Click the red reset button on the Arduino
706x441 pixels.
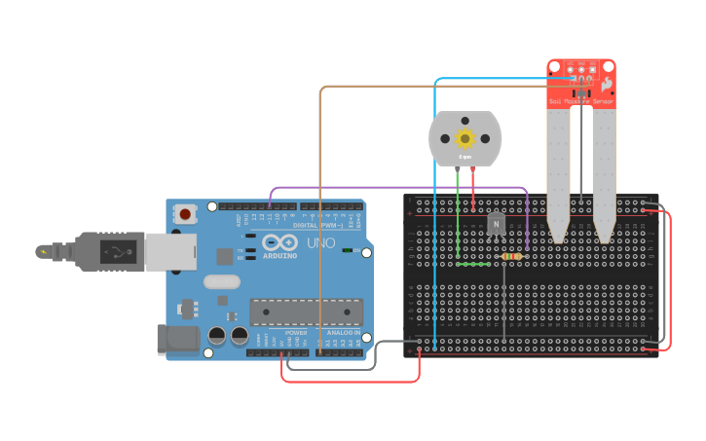pos(185,213)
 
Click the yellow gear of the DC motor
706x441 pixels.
pos(465,138)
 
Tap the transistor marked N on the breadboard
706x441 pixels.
pos(496,225)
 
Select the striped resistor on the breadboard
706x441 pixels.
pos(509,256)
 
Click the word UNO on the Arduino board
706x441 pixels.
pos(320,241)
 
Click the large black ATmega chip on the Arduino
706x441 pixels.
pos(306,312)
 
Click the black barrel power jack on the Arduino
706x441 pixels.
pos(178,339)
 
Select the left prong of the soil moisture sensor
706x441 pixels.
pos(557,175)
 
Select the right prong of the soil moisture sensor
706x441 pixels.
pos(605,175)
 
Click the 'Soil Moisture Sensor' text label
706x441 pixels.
pos(581,100)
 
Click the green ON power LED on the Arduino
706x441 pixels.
pos(348,250)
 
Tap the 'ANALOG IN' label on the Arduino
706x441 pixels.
pos(343,333)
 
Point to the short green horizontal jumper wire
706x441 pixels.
pos(474,264)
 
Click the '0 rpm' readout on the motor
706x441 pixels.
pos(465,157)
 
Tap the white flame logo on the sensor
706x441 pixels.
pos(606,85)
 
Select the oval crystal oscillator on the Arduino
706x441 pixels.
pos(221,282)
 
